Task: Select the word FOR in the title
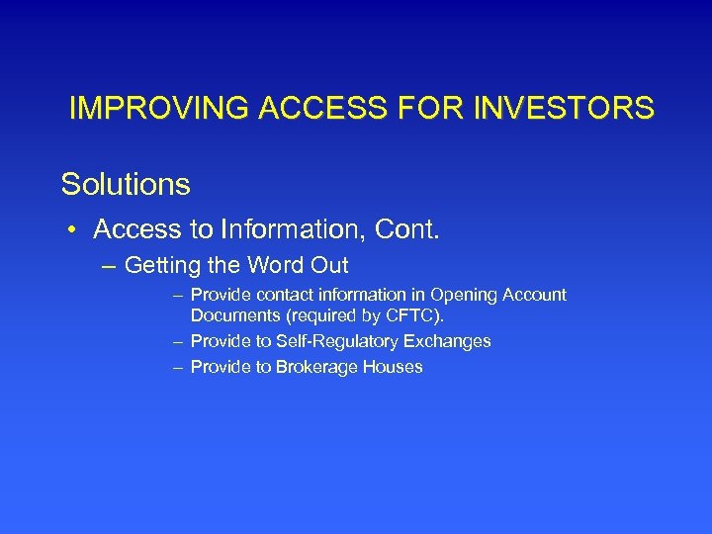tap(441, 108)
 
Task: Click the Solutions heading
tap(126, 184)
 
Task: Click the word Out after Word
tap(328, 266)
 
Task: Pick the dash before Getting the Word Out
tap(108, 266)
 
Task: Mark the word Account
tap(537, 295)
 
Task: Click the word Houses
tap(395, 367)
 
